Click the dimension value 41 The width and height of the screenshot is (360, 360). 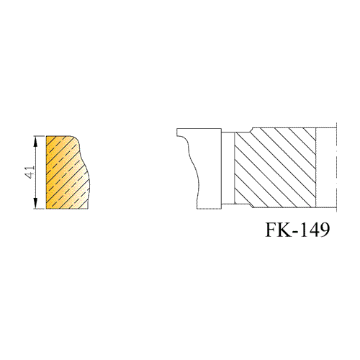(30, 172)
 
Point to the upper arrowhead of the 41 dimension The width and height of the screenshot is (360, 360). (35, 142)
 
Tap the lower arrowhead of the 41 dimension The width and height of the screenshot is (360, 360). (35, 203)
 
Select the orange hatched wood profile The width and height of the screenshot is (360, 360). (67, 172)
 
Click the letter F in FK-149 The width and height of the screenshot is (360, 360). (271, 230)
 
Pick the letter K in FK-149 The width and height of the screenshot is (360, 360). (286, 230)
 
